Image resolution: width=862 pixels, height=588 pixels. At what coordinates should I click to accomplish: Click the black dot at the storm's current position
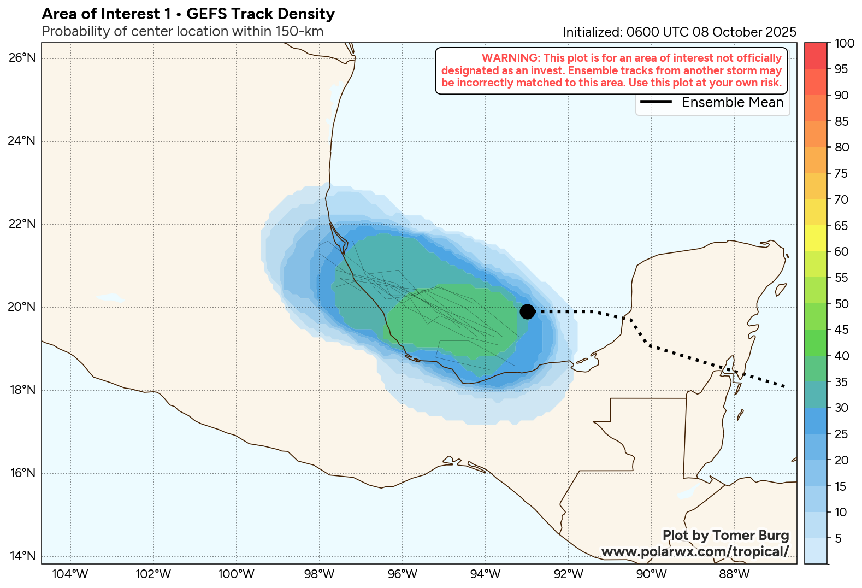point(527,311)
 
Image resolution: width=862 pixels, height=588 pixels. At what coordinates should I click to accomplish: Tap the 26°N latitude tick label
point(22,58)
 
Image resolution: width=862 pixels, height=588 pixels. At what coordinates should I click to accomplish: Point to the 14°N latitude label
point(22,556)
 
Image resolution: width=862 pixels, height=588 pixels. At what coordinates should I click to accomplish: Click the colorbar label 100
point(845,44)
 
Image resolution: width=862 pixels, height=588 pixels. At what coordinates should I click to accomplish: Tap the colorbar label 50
point(841,304)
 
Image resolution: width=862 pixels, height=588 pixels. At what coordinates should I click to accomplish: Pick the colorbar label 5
point(838,538)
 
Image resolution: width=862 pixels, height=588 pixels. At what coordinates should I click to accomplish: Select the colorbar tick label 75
point(841,173)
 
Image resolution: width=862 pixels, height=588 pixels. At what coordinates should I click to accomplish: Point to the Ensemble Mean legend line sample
point(656,102)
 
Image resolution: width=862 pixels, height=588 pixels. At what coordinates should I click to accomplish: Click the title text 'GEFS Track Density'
point(261,14)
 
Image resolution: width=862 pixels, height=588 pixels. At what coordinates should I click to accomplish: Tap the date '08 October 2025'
point(744,32)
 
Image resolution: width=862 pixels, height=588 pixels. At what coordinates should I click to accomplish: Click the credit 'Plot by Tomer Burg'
point(725,535)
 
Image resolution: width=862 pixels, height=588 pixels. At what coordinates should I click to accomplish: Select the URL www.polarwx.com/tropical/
point(695,551)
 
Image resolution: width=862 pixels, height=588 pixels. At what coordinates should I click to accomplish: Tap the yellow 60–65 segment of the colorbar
point(816,238)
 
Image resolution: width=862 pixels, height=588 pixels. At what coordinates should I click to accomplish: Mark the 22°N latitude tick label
point(22,224)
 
